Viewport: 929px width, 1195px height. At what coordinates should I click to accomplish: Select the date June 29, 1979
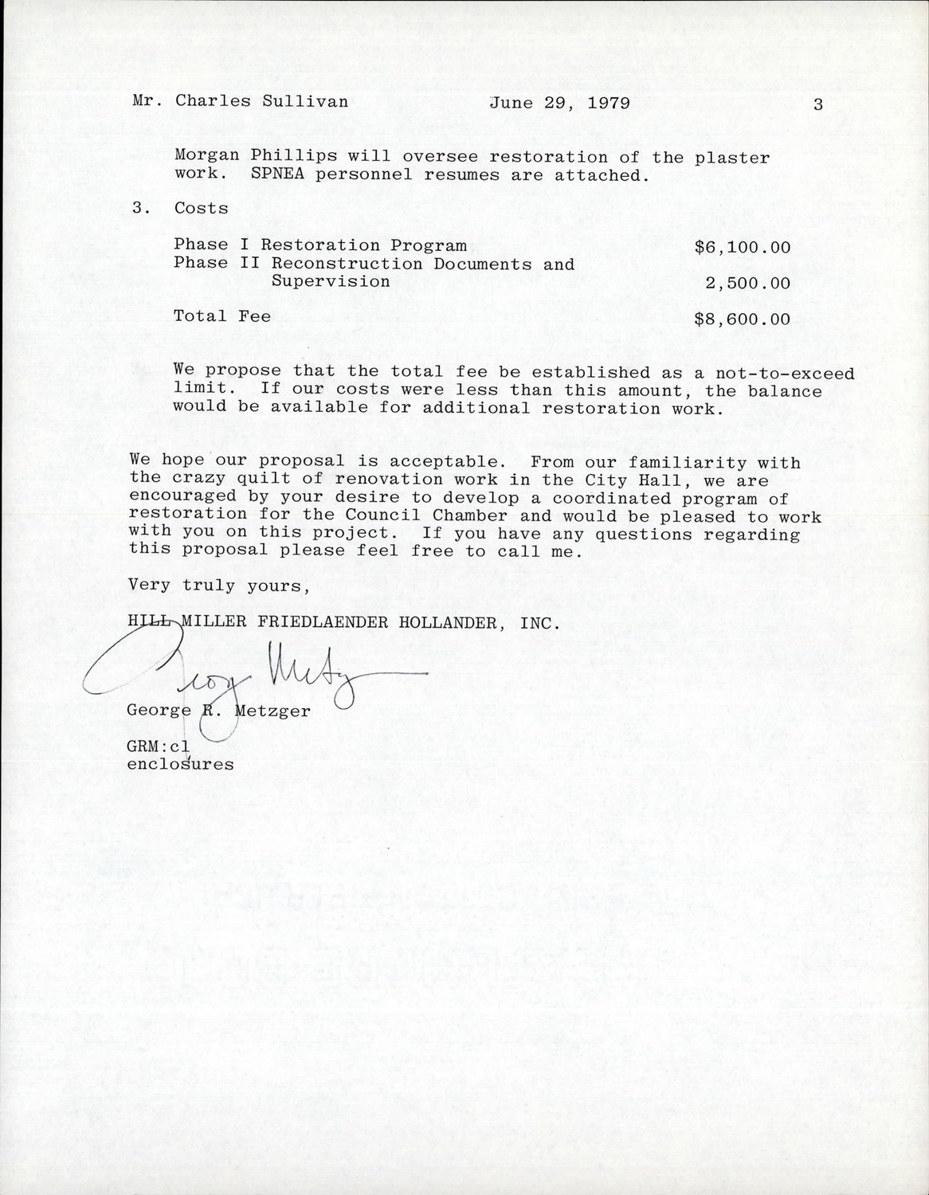(x=559, y=103)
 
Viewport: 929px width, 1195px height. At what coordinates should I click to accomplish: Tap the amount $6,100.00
(x=743, y=247)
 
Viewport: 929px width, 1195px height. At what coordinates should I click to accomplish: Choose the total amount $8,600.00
(x=743, y=319)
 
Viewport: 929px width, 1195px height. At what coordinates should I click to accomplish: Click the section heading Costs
(x=201, y=209)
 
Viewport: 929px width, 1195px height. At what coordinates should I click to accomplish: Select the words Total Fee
(x=222, y=316)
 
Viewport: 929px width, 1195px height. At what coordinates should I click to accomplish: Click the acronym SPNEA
(x=276, y=175)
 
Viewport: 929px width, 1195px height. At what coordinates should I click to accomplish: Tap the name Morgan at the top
(x=203, y=157)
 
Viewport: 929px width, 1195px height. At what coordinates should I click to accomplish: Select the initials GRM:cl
(x=159, y=746)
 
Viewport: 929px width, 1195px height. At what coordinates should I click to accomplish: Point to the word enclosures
(x=181, y=765)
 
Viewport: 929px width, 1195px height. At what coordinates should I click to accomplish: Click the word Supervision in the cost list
(x=331, y=282)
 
